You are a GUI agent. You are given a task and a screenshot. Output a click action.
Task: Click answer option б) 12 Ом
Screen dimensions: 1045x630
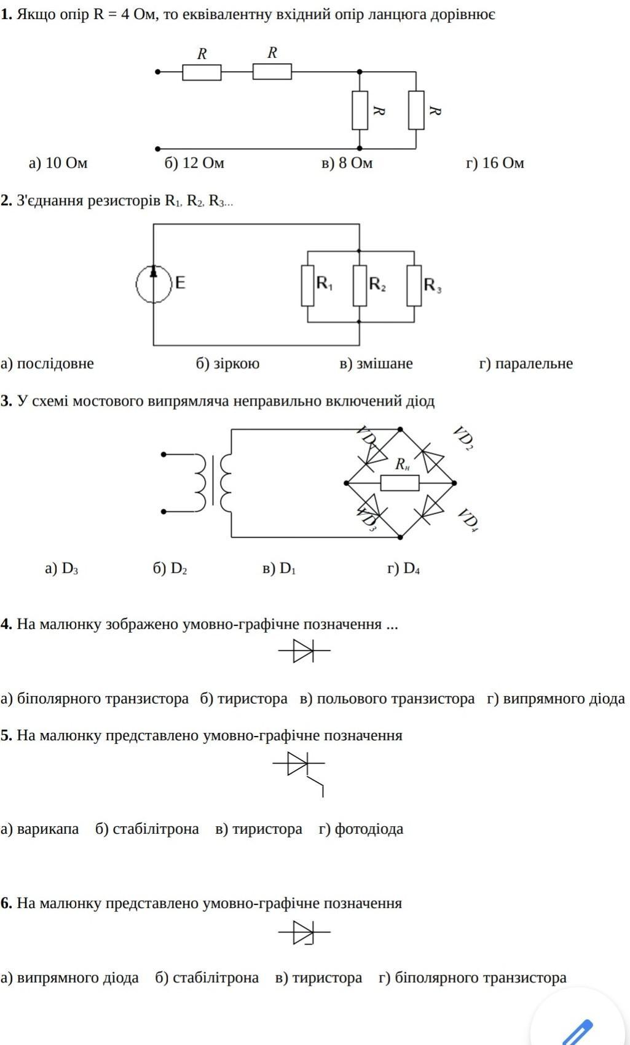coord(194,163)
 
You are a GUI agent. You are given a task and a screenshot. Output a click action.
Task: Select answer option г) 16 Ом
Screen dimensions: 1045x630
coord(495,163)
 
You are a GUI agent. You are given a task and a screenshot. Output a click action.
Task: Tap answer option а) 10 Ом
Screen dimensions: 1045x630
coord(58,163)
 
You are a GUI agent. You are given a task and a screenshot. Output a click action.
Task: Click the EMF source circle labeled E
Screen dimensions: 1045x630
coord(154,283)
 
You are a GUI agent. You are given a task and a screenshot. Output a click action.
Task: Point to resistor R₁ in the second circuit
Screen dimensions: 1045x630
coord(307,286)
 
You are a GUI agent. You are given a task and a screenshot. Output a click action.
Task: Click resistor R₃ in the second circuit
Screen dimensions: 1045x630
coord(414,286)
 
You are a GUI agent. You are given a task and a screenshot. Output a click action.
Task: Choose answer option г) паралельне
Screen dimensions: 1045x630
coord(526,363)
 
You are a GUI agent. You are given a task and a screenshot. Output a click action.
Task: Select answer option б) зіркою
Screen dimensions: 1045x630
coord(227,363)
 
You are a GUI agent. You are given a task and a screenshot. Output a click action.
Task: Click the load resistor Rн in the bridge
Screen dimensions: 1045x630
coord(400,483)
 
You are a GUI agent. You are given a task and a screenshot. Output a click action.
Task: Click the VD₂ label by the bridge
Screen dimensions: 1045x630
coord(463,437)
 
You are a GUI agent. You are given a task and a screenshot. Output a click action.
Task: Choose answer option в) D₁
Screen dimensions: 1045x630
coord(279,568)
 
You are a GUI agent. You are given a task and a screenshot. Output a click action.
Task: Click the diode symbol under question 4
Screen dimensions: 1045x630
coord(304,650)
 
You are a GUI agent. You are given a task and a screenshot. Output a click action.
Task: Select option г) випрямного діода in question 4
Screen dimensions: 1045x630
coord(556,699)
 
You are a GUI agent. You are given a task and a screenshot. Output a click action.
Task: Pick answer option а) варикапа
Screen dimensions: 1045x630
coord(40,829)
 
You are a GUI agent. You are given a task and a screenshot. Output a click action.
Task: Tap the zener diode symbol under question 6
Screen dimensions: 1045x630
coord(304,933)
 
